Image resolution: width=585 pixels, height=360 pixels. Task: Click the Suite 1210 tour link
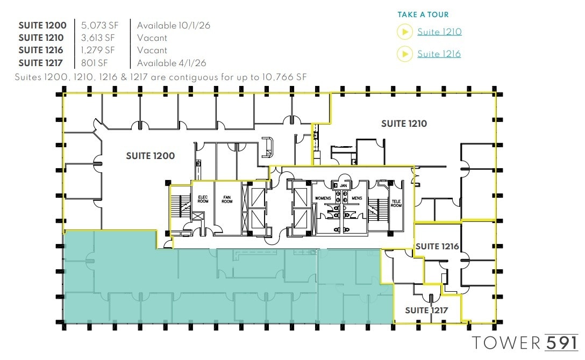[439, 32]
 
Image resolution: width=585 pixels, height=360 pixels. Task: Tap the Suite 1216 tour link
[439, 54]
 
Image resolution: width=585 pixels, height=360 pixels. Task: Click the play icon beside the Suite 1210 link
[404, 32]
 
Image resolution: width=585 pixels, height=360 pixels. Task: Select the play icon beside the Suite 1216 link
[404, 54]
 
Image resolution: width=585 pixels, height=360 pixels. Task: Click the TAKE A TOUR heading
[423, 15]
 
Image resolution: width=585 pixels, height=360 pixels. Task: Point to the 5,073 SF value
[98, 25]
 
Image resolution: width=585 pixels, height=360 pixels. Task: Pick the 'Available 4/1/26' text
[171, 63]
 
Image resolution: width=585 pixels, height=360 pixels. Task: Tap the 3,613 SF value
[98, 38]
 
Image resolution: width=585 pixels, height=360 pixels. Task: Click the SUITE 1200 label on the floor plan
[150, 156]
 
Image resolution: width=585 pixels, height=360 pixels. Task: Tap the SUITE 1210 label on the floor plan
[404, 124]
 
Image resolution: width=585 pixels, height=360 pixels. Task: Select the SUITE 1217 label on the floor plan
[426, 311]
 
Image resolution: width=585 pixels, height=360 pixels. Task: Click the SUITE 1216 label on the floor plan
[437, 247]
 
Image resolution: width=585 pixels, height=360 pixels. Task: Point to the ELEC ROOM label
[203, 199]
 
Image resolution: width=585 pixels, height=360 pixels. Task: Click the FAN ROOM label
[227, 199]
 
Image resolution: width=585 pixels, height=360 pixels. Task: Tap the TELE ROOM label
[396, 203]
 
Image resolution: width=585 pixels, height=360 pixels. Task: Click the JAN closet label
[343, 185]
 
